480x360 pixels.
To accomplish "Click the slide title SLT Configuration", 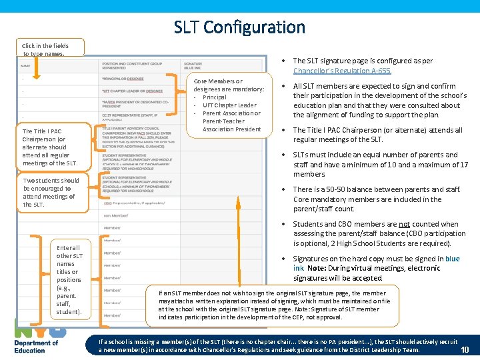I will click(239, 27).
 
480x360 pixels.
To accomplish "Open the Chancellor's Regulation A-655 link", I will click(342, 71).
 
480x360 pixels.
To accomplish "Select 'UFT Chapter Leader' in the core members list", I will click(229, 105).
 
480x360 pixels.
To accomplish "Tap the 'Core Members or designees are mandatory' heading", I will click(229, 85).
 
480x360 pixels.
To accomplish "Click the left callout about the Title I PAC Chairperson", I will click(50, 147).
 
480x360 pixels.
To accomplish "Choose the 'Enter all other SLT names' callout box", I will click(69, 279).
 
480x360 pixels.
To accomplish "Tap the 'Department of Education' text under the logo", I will click(36, 347).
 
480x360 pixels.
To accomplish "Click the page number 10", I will click(465, 350).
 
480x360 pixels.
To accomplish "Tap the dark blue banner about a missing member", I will click(277, 345).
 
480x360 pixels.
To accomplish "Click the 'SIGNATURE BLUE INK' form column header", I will click(193, 65).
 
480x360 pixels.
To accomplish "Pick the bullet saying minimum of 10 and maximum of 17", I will click(380, 165).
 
